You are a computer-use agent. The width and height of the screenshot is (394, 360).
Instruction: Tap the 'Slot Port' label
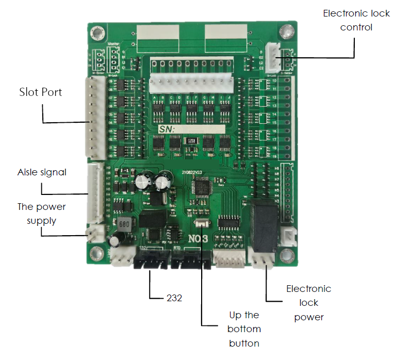(x=40, y=92)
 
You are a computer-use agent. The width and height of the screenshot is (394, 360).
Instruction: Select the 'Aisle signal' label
(x=42, y=172)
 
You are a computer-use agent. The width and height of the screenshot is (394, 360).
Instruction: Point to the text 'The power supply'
(x=41, y=214)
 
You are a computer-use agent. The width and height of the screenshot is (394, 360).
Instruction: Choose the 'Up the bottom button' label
(x=244, y=329)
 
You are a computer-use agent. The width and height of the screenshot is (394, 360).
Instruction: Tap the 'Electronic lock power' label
(x=308, y=303)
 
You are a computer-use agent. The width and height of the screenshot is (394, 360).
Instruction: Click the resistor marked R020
(x=190, y=140)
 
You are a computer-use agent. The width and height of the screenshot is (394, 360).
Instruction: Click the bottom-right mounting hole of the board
(x=285, y=254)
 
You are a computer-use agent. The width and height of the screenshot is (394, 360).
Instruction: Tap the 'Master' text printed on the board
(x=114, y=44)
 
